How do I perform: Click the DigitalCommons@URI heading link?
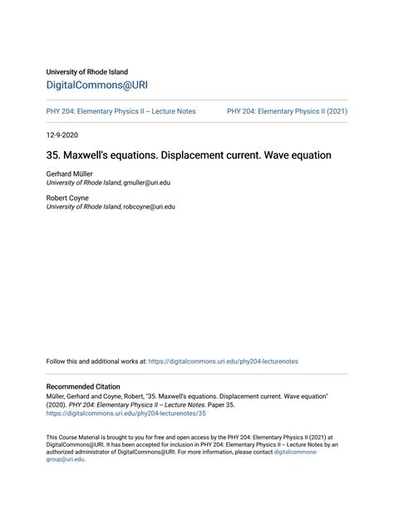point(97,86)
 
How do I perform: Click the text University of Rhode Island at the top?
point(87,71)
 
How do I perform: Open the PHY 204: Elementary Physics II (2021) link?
point(287,111)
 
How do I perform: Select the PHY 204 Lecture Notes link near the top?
point(121,111)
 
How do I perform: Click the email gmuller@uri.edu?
point(149,182)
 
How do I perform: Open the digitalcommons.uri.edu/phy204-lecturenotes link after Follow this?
point(223,361)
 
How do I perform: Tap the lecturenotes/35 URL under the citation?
point(126,413)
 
